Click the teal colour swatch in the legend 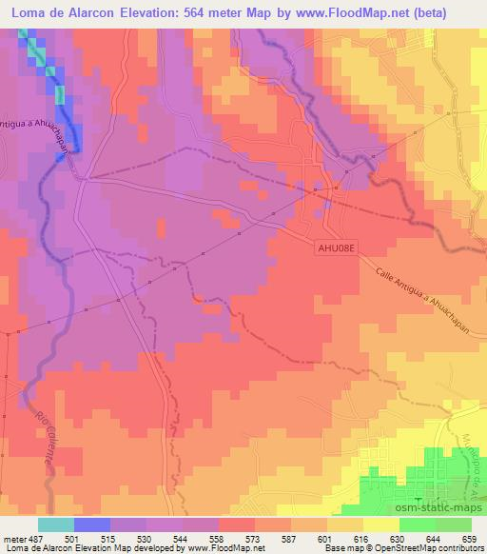[56, 524]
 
